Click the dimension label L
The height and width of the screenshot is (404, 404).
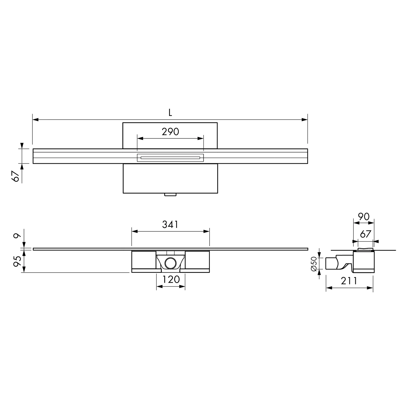coord(170,113)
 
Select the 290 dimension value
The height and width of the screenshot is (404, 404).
coord(170,132)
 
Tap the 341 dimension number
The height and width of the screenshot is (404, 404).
coord(170,224)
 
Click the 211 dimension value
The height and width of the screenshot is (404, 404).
coord(349,281)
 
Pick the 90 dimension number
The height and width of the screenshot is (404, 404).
coord(364,217)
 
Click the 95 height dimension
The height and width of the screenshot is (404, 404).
coord(17,261)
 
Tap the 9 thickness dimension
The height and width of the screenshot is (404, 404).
coord(17,236)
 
